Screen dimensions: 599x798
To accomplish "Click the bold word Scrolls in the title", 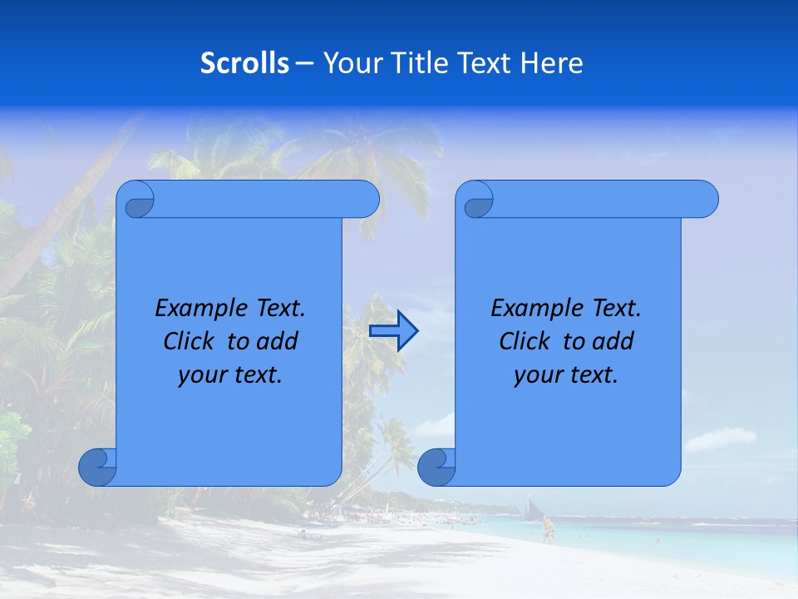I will click(x=245, y=63).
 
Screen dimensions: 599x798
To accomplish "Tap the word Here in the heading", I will click(x=552, y=63).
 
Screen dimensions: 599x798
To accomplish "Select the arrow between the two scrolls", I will click(x=393, y=331).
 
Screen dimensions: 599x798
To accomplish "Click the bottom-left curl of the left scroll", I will click(x=97, y=467).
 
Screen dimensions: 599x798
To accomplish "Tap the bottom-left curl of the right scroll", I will click(x=436, y=467).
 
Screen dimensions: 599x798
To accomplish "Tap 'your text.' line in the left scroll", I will click(x=230, y=374).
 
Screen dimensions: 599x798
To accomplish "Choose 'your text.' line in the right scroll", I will click(x=566, y=374).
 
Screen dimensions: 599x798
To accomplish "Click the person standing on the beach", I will click(x=548, y=530).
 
